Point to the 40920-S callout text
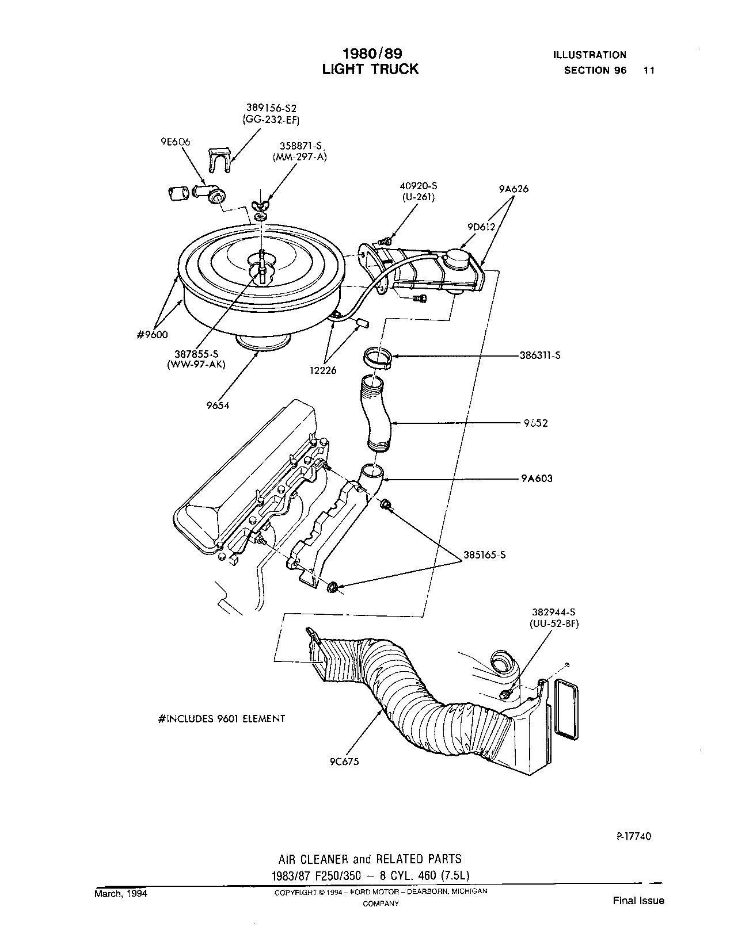(x=417, y=186)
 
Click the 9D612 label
(x=480, y=227)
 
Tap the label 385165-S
(x=484, y=556)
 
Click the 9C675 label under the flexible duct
(x=344, y=762)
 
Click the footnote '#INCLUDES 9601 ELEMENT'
(x=221, y=718)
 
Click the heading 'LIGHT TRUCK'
(x=370, y=69)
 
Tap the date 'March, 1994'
(x=121, y=894)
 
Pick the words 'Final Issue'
(x=638, y=901)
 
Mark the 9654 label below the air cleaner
(x=218, y=405)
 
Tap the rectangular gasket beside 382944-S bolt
(x=566, y=707)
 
